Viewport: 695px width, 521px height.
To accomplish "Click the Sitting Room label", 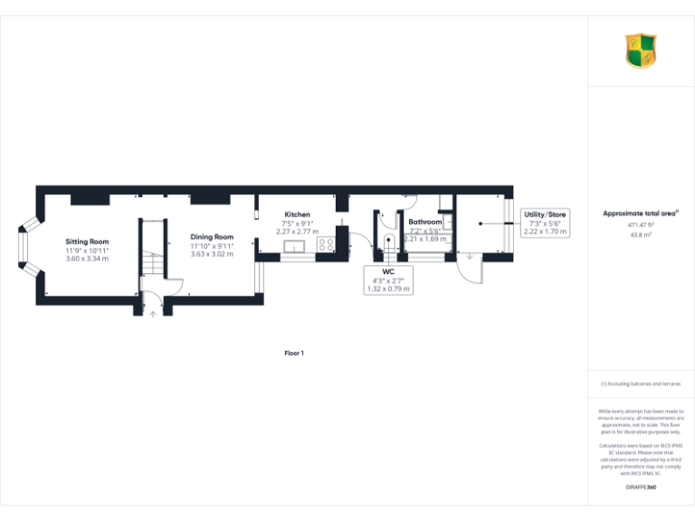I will point(87,242).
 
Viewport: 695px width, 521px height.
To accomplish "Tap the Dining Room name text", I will point(212,237).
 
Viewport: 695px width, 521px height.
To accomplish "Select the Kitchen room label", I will point(297,214).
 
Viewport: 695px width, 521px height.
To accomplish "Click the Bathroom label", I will point(424,222).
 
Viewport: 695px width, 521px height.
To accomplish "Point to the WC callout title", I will point(388,271).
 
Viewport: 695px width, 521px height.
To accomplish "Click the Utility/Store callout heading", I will point(545,214).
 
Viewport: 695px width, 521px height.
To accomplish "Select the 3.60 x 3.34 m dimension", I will point(87,259).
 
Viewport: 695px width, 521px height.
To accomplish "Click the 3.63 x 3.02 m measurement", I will point(212,254).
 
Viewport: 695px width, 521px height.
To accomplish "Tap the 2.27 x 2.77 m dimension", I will point(297,232).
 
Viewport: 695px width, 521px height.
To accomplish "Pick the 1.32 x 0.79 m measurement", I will point(388,289).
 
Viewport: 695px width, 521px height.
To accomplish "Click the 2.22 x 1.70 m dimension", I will point(545,232).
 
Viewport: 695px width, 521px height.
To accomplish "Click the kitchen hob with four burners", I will point(326,245).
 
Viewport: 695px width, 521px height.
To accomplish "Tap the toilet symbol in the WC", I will point(386,243).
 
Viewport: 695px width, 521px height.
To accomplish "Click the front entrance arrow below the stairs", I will point(152,314).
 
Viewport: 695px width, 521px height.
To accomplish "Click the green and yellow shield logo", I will point(641,51).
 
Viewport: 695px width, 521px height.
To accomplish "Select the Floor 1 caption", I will point(294,353).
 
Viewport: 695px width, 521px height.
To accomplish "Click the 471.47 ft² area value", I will point(641,224).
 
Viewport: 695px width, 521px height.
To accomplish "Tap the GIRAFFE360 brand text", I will point(641,488).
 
